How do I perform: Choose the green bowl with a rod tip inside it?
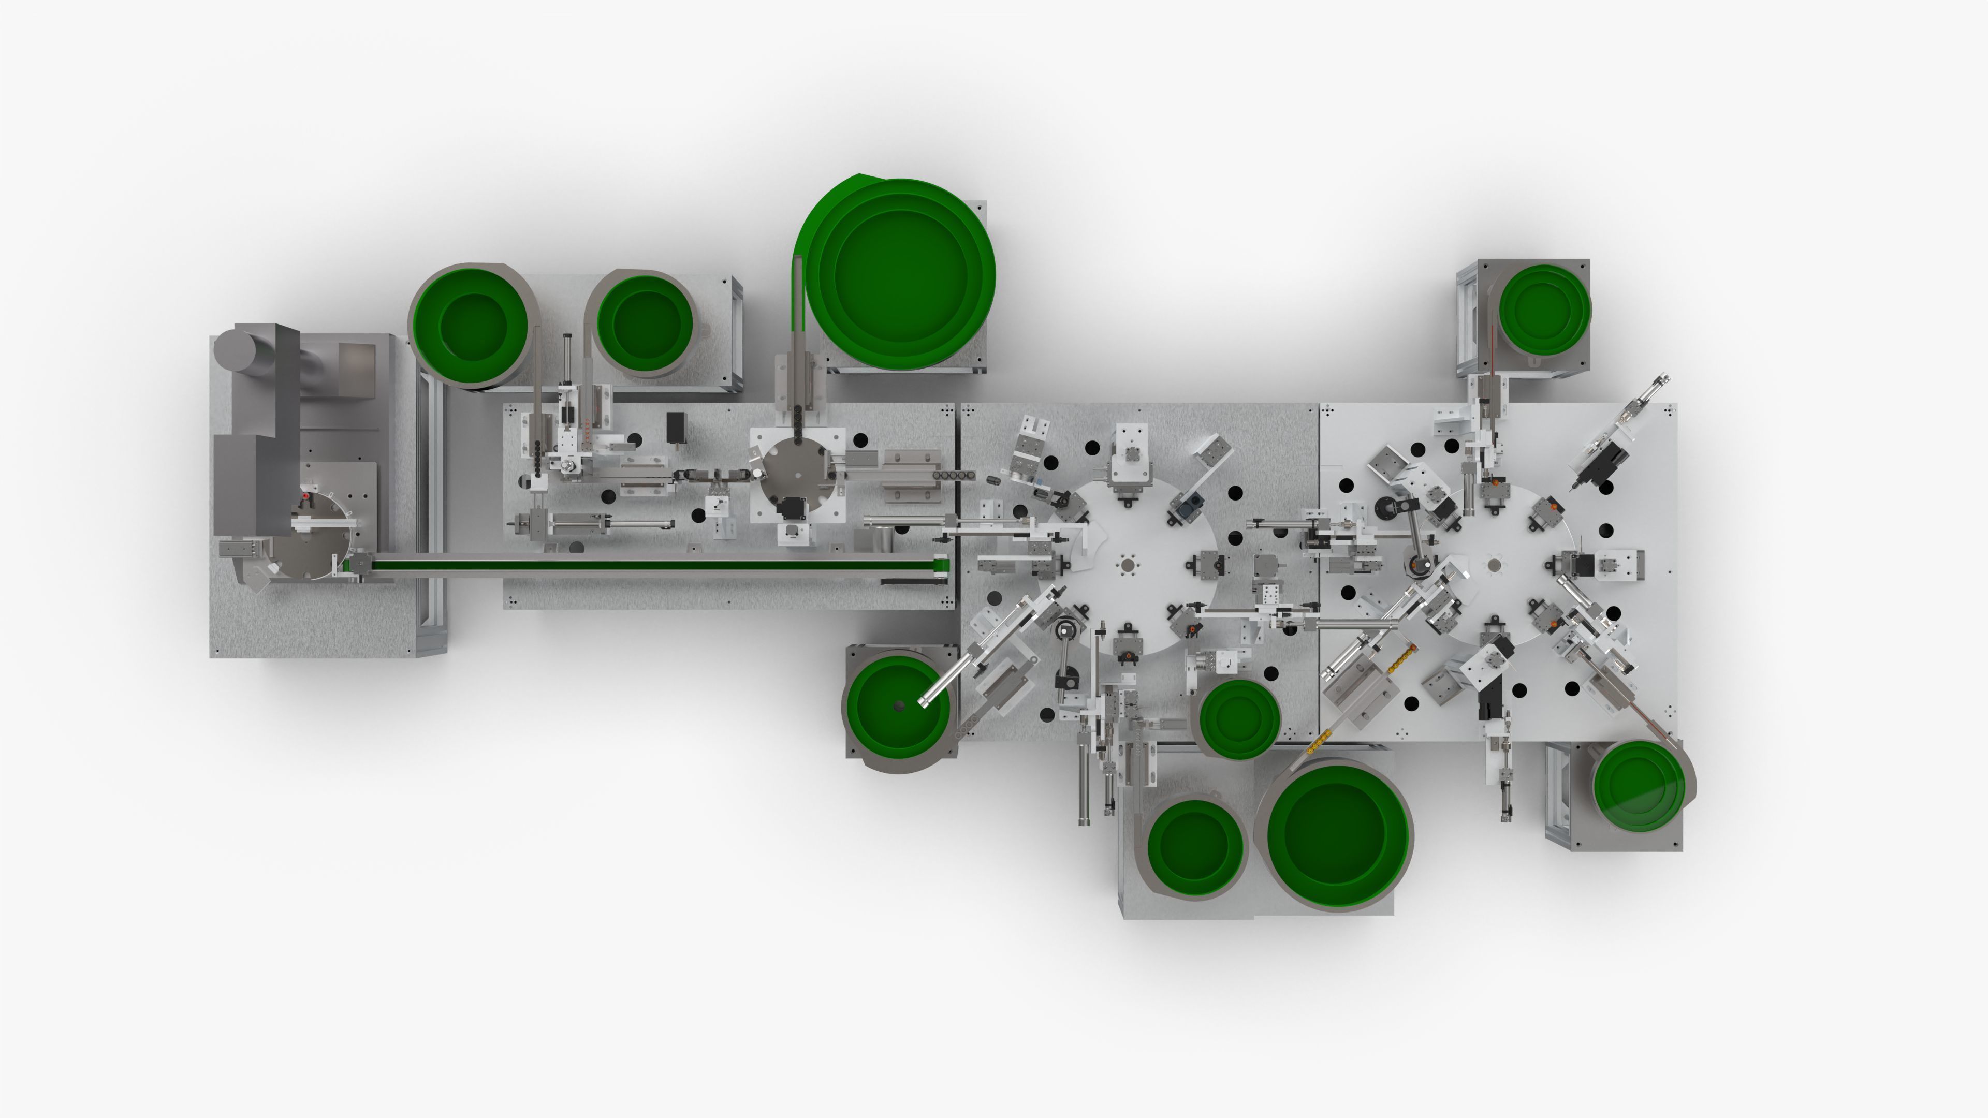(898, 706)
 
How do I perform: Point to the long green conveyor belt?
(648, 566)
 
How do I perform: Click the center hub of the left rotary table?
(1128, 566)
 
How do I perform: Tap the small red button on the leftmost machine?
(305, 495)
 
